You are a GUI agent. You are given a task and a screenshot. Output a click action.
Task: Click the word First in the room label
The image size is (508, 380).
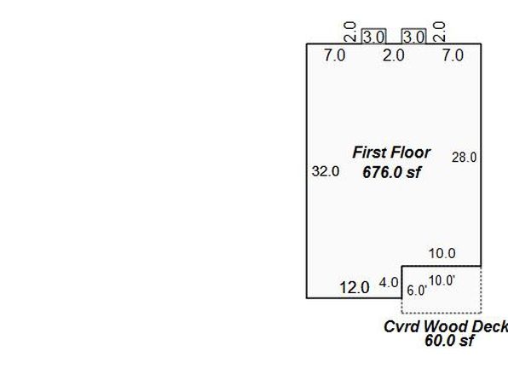(369, 153)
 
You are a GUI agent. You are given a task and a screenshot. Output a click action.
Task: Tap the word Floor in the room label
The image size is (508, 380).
(411, 153)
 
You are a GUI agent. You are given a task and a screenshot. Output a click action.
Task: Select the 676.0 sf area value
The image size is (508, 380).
(392, 172)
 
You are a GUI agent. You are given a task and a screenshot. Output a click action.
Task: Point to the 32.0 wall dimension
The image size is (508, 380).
(326, 171)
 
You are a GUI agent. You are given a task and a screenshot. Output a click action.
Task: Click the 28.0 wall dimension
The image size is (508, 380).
(465, 158)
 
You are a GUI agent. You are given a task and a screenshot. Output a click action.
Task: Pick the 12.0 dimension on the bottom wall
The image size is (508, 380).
(355, 287)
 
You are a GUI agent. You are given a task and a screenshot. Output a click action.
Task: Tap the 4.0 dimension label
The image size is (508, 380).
(389, 283)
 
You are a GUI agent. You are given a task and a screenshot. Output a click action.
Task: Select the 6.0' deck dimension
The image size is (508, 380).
(417, 291)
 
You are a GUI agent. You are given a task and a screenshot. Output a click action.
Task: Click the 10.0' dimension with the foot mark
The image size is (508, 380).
(442, 280)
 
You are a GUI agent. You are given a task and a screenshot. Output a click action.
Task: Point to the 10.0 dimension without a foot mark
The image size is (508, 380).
(442, 253)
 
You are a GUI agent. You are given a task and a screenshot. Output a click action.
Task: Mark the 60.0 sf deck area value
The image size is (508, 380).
(449, 341)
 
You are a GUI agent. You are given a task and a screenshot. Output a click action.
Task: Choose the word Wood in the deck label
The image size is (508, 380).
(446, 326)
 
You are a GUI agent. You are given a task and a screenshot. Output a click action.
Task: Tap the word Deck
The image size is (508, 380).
(489, 326)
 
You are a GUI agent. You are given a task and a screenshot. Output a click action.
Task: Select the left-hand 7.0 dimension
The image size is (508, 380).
(335, 55)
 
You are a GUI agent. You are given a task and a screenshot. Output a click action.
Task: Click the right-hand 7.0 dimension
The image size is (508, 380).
(453, 55)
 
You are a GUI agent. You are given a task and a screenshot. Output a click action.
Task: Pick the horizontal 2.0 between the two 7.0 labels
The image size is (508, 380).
(394, 55)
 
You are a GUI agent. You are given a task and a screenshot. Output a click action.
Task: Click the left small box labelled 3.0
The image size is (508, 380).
(373, 36)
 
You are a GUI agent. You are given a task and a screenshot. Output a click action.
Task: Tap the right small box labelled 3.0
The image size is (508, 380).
(413, 36)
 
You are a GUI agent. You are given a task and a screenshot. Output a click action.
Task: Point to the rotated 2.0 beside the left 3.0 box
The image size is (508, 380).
(350, 32)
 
